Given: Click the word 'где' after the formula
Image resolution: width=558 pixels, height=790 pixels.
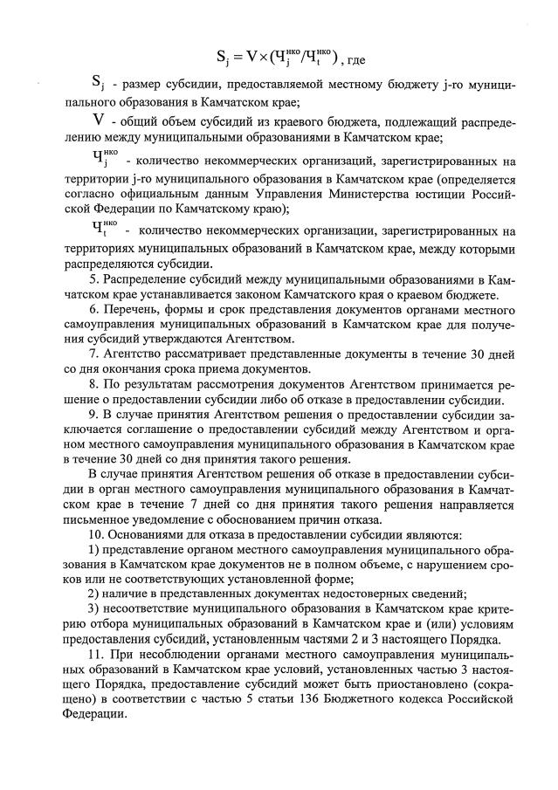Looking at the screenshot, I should pyautogui.click(x=354, y=61).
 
